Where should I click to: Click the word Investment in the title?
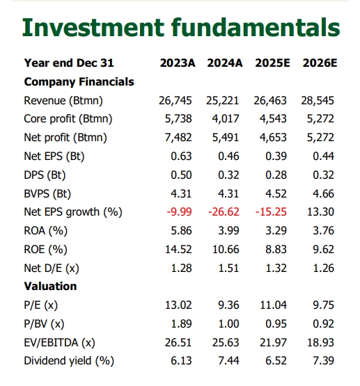coord(93,27)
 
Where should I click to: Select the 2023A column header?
coord(178,63)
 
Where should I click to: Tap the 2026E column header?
coord(320,63)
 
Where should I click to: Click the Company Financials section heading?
coord(79,82)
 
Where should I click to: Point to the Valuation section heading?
coord(50,287)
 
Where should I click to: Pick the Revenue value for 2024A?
coord(223,101)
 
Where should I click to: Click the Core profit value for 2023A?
coord(178,119)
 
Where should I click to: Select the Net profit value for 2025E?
coord(273,138)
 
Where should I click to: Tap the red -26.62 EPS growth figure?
coord(224,212)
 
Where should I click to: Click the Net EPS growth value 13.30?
coord(320,212)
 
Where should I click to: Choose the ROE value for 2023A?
coord(178,250)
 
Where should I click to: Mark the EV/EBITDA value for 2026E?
coord(320,342)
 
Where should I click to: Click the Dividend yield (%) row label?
coord(69,361)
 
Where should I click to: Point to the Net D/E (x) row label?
coord(52,268)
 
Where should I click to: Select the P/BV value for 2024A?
coord(228,323)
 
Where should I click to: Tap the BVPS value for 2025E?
coord(276,194)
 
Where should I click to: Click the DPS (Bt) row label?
coord(45,175)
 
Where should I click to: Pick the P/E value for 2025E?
coord(273,305)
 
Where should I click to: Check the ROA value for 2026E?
coord(324,231)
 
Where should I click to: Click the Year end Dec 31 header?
coord(69,63)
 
